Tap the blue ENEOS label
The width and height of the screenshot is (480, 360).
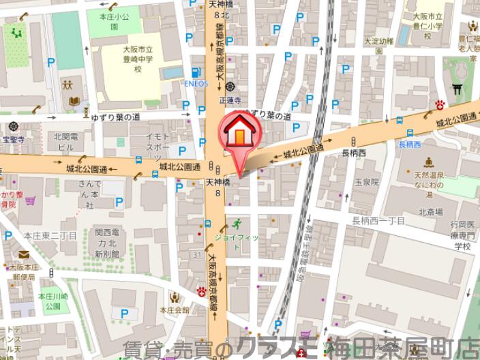[x=195, y=84]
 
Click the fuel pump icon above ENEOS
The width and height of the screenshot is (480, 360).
[x=196, y=72]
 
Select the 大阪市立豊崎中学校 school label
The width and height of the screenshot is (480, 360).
[x=137, y=59]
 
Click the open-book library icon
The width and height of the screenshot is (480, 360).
[x=73, y=101]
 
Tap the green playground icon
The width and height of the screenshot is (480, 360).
[x=14, y=31]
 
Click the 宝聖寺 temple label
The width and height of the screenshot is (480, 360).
[x=12, y=139]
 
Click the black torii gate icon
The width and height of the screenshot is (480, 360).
[x=457, y=88]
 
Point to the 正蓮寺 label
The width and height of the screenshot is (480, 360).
[x=235, y=100]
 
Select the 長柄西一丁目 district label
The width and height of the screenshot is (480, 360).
[x=378, y=220]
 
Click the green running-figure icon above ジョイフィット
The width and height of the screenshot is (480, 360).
[x=236, y=224]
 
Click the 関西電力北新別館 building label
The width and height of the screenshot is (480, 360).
[x=108, y=241]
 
